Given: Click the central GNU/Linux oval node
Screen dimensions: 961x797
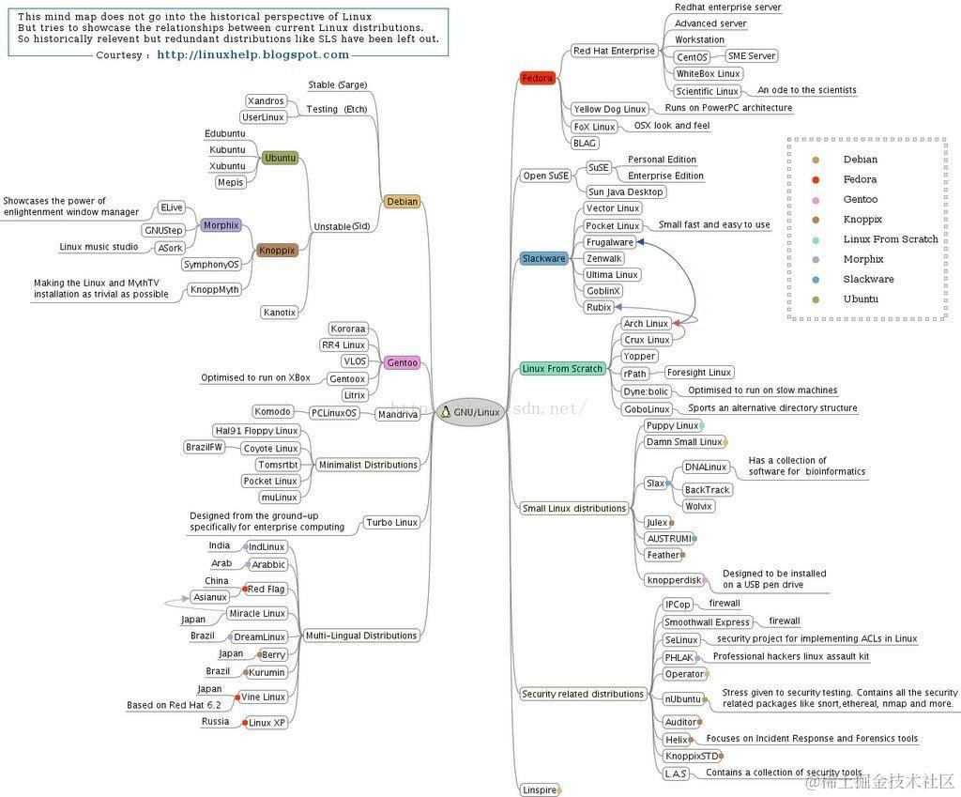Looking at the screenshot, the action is click(x=470, y=412).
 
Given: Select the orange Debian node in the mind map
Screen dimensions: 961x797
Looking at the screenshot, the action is click(x=402, y=201).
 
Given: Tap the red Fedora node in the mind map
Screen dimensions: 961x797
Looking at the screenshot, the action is click(x=538, y=78).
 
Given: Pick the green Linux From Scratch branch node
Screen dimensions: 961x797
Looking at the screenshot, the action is click(x=562, y=369).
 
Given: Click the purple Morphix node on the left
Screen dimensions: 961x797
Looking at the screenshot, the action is click(x=221, y=225).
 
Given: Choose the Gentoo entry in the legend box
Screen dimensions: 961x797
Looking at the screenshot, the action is click(x=860, y=199).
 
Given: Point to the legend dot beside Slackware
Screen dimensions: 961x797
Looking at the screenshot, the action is click(x=816, y=279).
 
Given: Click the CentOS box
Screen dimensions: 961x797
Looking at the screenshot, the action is click(x=692, y=57).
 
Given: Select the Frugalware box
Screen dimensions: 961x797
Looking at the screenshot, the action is click(x=609, y=242).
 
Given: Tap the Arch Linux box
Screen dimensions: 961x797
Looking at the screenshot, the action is click(x=646, y=324).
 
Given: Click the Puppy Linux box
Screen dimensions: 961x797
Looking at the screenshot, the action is click(x=672, y=426).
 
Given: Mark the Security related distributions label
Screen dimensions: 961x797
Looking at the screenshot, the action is click(x=583, y=694).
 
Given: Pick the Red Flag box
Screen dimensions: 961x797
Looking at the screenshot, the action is click(x=266, y=590).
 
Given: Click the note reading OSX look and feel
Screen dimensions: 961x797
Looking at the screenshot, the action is click(x=671, y=126).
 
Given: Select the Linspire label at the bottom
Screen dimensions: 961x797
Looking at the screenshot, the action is click(x=540, y=790).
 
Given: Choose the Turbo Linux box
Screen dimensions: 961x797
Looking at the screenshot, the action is click(x=391, y=522).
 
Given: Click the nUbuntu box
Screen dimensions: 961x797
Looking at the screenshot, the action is click(x=683, y=698).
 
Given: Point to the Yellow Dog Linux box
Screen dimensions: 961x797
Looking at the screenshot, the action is click(x=609, y=110).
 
